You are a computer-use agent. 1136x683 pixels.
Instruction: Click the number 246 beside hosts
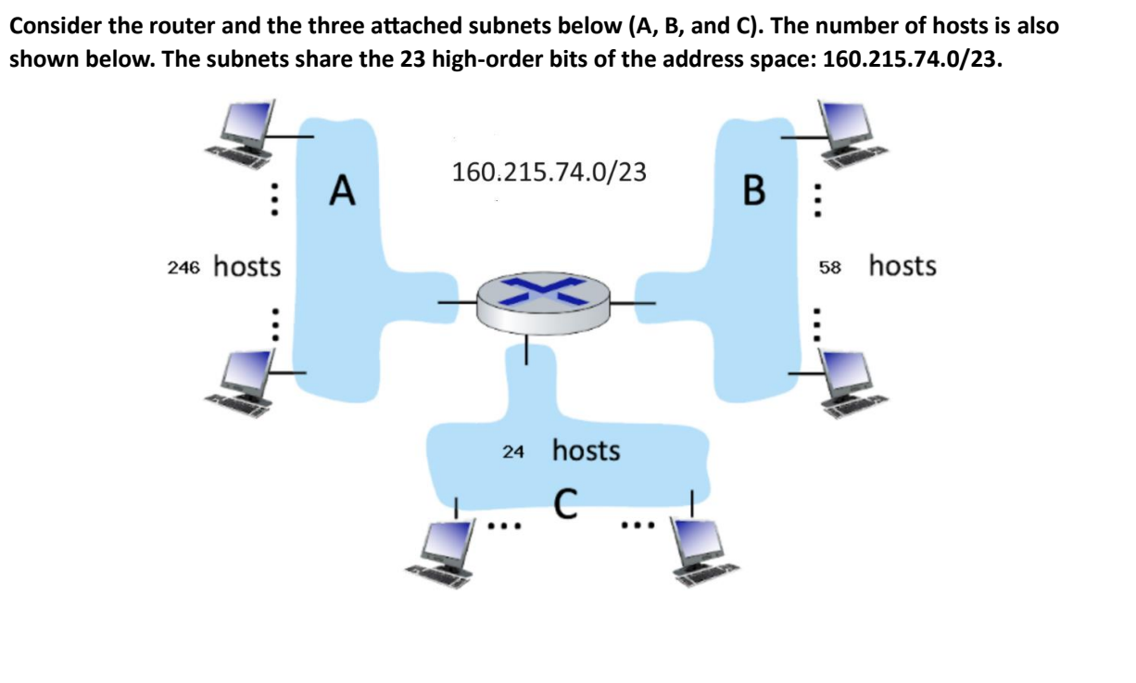pos(184,268)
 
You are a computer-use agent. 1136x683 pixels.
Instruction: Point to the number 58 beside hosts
pos(828,268)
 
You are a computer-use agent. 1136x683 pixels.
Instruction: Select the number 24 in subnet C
pos(513,452)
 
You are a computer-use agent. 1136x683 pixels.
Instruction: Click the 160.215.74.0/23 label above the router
pos(548,171)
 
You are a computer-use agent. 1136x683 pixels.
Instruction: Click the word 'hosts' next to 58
pos(902,266)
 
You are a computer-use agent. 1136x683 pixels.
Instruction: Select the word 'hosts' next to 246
pos(246,266)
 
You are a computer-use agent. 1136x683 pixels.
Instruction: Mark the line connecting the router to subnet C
pos(527,349)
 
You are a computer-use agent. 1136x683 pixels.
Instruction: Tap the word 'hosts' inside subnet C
pos(586,451)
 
